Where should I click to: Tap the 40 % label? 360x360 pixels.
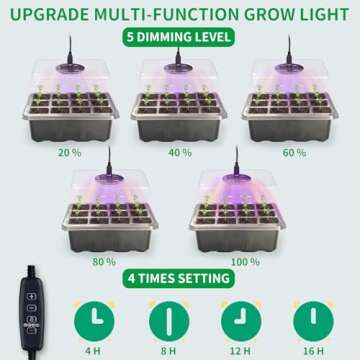point(179,153)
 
